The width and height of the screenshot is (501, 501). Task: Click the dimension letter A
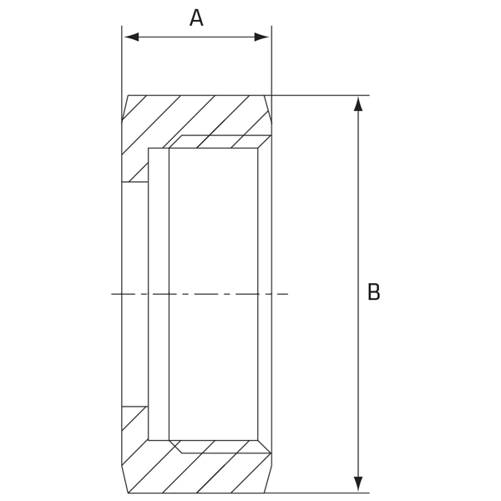(196, 18)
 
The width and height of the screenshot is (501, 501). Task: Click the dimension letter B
(373, 291)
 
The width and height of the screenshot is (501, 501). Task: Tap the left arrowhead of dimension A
(132, 37)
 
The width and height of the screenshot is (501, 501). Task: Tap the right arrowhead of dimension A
(261, 37)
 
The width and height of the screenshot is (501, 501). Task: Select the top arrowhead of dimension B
(358, 104)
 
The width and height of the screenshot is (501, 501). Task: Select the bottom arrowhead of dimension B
(358, 484)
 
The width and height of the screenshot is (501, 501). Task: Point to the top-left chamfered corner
(124, 108)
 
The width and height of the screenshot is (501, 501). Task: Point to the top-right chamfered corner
(268, 109)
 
